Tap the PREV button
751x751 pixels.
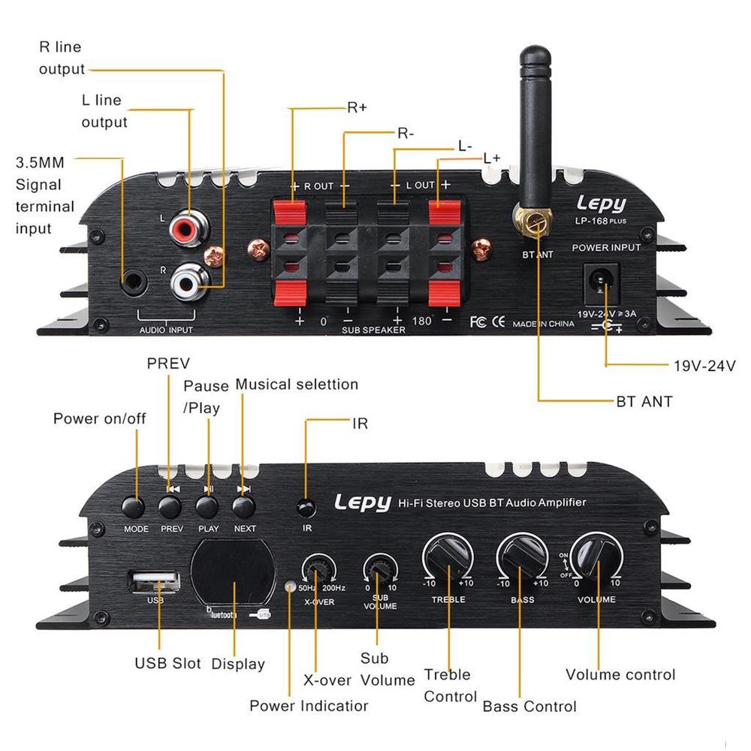pyautogui.click(x=172, y=507)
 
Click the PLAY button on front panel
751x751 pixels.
pyautogui.click(x=208, y=507)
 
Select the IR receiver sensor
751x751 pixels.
pyautogui.click(x=305, y=508)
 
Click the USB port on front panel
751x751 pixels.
pyautogui.click(x=154, y=580)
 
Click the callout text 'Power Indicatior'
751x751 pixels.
pyautogui.click(x=309, y=706)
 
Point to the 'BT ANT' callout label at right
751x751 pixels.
pyautogui.click(x=644, y=402)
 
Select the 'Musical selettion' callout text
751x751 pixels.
pyautogui.click(x=297, y=384)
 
